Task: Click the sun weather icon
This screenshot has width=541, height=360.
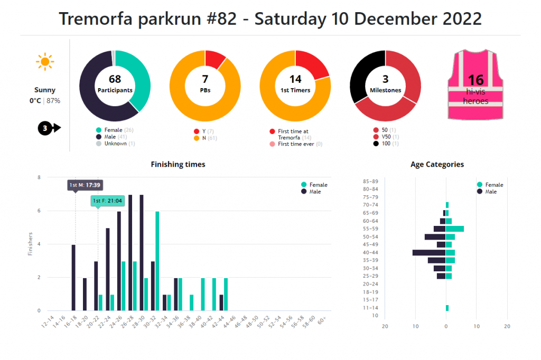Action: pos(45,62)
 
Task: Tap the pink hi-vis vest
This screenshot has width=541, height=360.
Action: pos(475,84)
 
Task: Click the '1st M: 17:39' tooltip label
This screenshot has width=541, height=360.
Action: pos(85,185)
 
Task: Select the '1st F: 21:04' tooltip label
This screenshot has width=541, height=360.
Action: pos(107,201)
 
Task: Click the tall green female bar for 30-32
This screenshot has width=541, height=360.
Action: pos(157,261)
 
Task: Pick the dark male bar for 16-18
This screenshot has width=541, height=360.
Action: pos(73,277)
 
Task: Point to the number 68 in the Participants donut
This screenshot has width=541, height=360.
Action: pos(115,79)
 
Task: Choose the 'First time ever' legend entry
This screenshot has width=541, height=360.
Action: pos(296,144)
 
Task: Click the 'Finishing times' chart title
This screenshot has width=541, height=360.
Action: pos(178,164)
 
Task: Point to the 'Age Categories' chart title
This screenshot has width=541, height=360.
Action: pos(437,164)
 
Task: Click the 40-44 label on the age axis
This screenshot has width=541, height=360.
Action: pos(370,252)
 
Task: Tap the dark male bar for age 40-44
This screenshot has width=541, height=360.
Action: pos(429,252)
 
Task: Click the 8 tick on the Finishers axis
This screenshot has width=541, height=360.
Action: pos(39,177)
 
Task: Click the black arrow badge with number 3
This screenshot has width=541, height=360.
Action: pos(49,128)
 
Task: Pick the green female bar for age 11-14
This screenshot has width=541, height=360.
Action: pos(447,308)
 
